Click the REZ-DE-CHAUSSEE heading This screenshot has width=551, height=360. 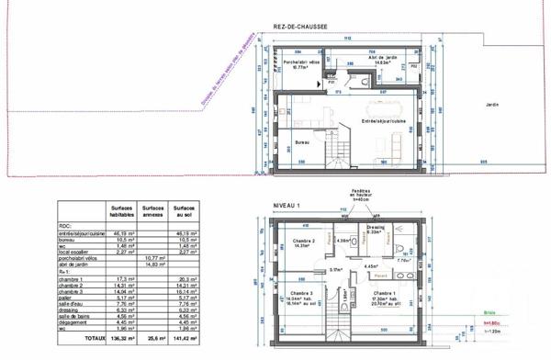300,28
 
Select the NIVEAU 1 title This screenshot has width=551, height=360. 287,205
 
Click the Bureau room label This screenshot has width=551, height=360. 300,143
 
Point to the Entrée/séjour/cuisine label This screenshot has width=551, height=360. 384,120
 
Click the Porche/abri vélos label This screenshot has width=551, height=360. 300,62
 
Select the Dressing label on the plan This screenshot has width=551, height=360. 375,226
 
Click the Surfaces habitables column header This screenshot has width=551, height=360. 122,211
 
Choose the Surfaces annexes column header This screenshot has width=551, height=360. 152,211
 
